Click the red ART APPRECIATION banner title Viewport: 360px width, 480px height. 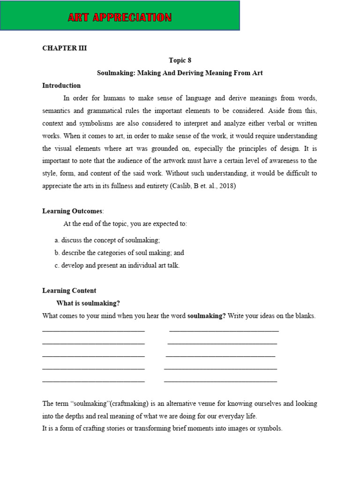point(120,18)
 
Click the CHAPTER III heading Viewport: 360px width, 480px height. point(64,48)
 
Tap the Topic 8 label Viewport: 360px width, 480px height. point(180,60)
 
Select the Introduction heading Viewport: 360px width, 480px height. point(61,86)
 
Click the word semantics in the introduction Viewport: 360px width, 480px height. point(58,111)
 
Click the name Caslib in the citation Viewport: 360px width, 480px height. point(180,186)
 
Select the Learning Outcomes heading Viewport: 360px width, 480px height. point(72,211)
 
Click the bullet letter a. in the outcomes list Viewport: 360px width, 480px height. point(57,240)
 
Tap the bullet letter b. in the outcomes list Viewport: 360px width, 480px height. point(57,253)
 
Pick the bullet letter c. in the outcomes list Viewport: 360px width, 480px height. point(57,265)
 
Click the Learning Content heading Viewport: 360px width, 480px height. point(69,291)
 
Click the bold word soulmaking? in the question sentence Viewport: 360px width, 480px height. point(206,316)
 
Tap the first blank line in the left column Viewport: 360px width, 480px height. point(93,331)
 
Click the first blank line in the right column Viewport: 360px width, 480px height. point(224,331)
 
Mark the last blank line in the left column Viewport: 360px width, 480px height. point(93,382)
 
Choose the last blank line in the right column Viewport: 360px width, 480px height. point(220,382)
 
